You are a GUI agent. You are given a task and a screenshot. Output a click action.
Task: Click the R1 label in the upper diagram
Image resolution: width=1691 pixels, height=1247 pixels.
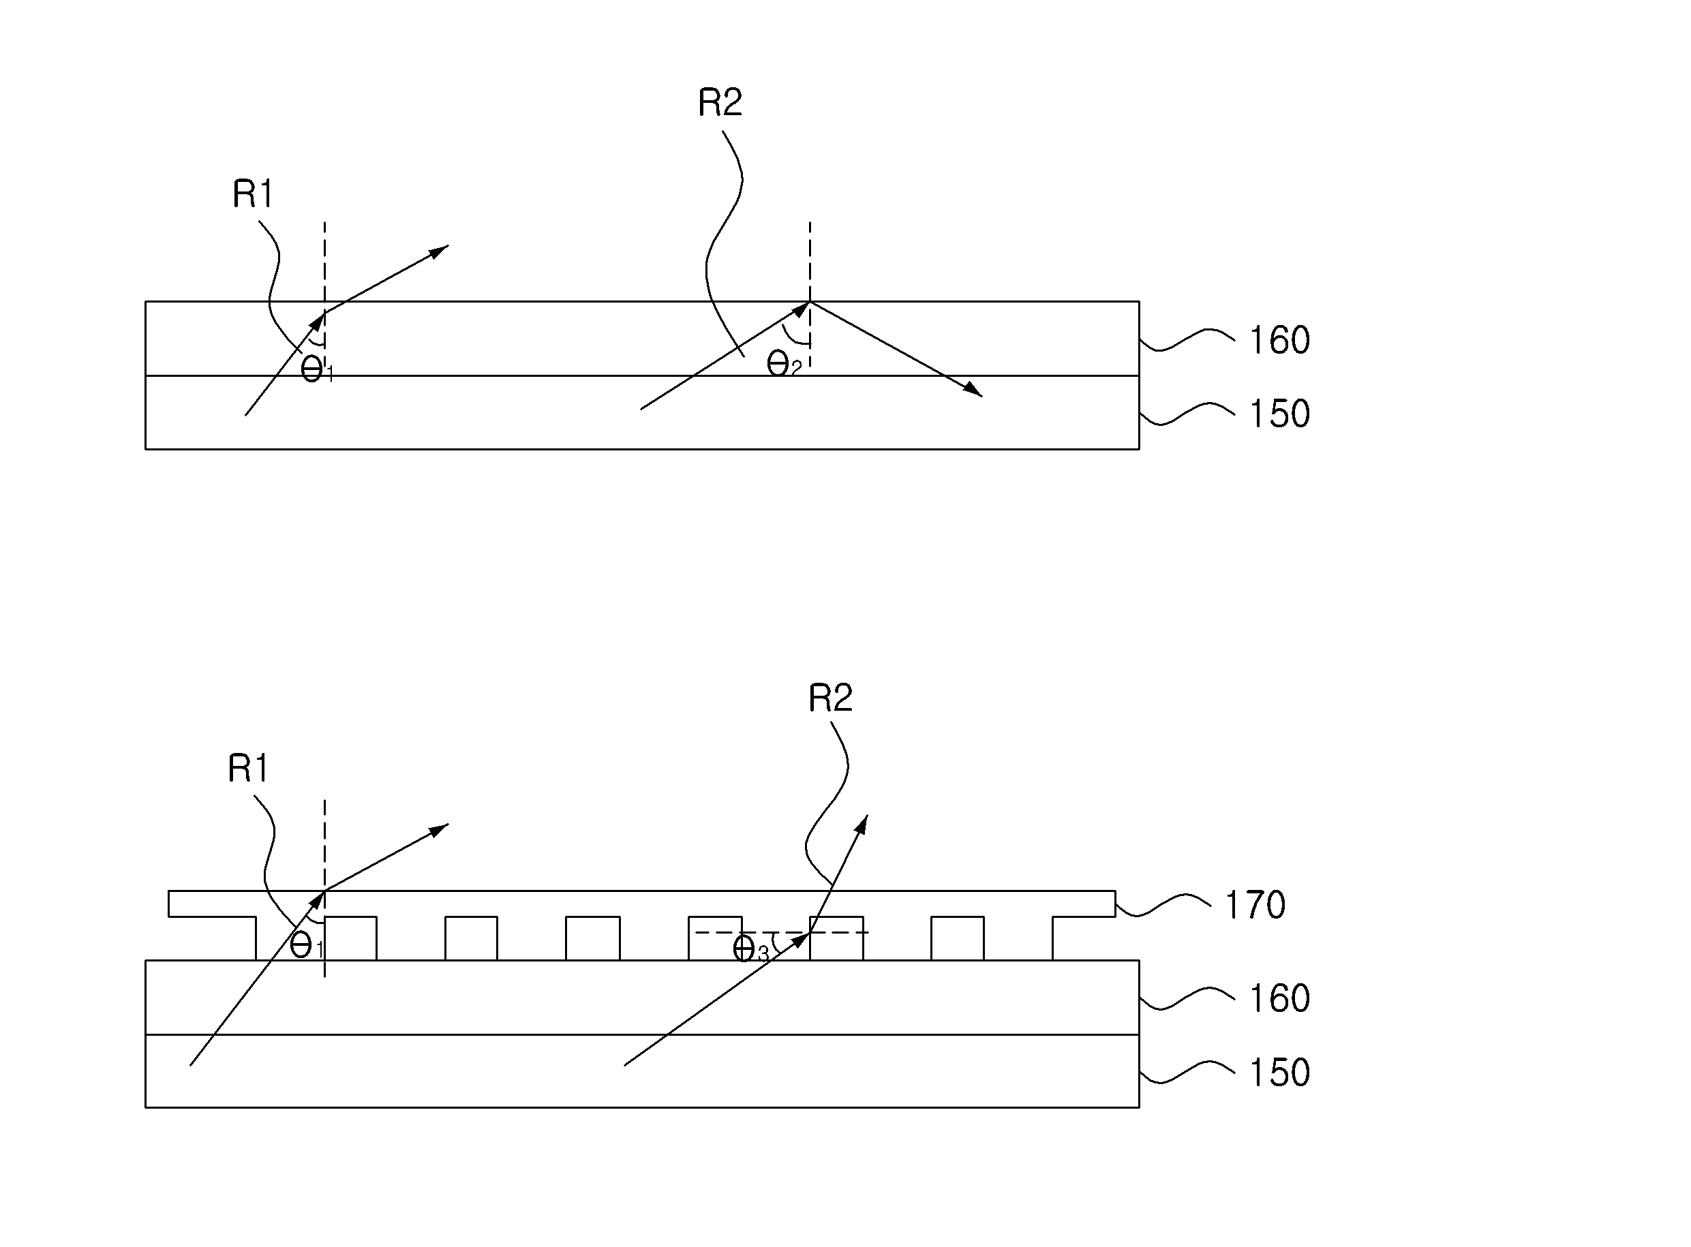point(252,194)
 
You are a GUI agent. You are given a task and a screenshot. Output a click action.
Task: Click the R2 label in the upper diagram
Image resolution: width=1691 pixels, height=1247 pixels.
point(720,103)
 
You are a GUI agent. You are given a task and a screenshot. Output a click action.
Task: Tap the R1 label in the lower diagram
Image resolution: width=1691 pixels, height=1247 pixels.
point(247,769)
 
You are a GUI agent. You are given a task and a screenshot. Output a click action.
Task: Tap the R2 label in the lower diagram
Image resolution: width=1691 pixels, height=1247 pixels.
point(829,698)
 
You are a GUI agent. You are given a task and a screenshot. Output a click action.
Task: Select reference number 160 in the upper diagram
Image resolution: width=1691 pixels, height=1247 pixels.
point(1279,341)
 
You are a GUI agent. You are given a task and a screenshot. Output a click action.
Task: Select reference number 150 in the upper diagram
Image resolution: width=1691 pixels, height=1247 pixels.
point(1279,414)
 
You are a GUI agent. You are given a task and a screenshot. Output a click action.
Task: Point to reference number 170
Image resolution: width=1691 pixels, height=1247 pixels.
point(1255,904)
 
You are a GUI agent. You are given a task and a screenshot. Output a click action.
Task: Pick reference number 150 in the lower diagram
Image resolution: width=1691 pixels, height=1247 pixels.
point(1279,1072)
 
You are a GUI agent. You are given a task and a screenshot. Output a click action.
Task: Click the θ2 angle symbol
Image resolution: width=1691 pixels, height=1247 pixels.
point(784,365)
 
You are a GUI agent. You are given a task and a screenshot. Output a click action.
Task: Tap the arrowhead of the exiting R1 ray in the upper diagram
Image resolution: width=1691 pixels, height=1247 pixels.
point(440,251)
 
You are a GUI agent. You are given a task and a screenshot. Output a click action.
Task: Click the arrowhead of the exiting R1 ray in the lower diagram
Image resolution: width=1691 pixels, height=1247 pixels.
point(440,829)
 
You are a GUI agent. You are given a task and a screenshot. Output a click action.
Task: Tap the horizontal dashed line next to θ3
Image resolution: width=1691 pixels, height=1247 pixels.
point(781,933)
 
